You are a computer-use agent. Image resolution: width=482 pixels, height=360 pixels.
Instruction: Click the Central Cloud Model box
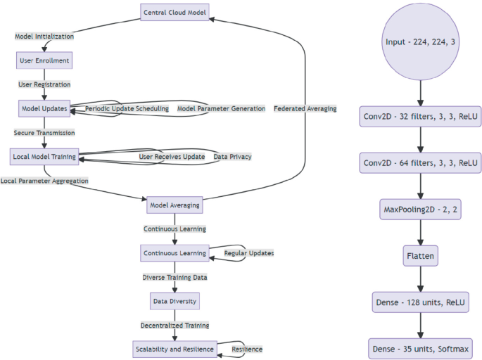[x=175, y=12]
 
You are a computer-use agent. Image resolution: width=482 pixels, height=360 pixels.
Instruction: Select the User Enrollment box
[x=44, y=60]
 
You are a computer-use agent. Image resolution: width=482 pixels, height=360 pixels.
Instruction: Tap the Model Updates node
[x=44, y=109]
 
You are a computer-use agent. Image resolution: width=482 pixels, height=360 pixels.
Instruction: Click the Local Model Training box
[x=44, y=156]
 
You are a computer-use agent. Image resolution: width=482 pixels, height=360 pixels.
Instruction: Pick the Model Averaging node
[x=175, y=206]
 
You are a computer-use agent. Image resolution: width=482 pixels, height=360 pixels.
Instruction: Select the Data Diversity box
[x=175, y=301]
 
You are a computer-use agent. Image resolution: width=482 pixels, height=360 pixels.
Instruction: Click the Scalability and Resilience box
[x=174, y=349]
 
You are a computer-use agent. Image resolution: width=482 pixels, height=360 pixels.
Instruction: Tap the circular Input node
[x=421, y=42]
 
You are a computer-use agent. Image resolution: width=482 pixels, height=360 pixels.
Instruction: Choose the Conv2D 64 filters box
[x=421, y=163]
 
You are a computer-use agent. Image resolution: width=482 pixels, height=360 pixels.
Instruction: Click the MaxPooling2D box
[x=421, y=210]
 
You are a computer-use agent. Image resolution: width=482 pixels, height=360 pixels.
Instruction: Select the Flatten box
[x=421, y=256]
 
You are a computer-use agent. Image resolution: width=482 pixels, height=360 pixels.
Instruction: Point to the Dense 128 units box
[x=421, y=302]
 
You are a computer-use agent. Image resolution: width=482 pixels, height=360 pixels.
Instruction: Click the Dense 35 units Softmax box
[x=421, y=349]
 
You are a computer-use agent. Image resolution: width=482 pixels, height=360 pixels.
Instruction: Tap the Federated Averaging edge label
[x=305, y=109]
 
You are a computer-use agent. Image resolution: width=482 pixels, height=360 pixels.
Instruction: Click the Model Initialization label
[x=44, y=36]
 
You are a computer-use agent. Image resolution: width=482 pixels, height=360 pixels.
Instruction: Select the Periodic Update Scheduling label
[x=127, y=109]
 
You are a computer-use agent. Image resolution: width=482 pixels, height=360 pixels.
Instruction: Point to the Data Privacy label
[x=232, y=156]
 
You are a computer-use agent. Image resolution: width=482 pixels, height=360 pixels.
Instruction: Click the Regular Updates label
[x=248, y=253]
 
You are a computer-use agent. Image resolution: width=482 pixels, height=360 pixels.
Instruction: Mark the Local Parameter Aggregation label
[x=44, y=181]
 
